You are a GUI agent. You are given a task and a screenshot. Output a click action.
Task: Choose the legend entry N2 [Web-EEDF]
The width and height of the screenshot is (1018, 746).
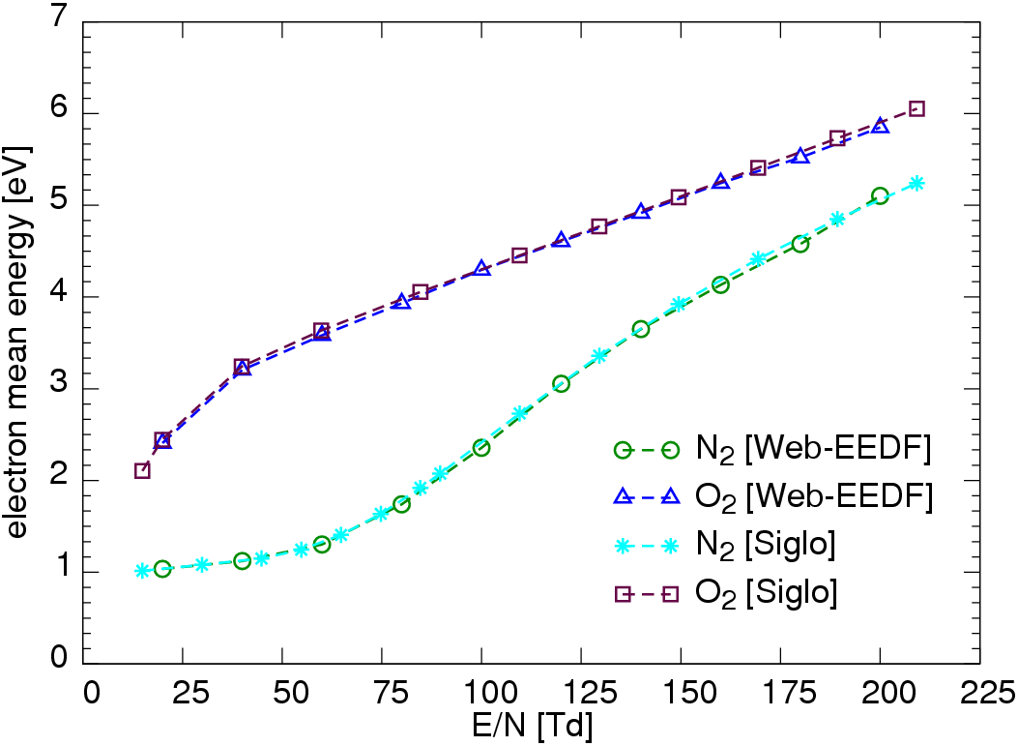772,450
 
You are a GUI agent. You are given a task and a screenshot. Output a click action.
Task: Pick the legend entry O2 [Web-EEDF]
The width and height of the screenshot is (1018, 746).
772,497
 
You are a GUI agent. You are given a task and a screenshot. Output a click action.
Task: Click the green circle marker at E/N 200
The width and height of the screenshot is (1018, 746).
880,196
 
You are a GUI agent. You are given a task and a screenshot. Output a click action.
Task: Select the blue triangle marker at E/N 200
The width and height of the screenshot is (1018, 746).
880,126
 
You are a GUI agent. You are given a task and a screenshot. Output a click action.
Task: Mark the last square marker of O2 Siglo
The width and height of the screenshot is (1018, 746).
917,108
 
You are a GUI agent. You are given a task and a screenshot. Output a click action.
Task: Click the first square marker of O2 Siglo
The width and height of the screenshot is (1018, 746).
142,470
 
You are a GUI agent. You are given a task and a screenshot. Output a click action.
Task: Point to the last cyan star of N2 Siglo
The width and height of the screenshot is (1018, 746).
917,183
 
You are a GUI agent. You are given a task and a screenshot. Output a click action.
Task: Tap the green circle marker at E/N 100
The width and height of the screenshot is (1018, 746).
481,448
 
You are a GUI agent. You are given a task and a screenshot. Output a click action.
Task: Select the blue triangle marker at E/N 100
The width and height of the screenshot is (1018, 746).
482,268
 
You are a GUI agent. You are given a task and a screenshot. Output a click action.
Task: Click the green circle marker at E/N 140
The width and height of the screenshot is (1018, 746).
641,329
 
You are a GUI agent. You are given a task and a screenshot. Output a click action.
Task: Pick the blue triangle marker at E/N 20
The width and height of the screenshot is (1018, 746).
163,440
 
